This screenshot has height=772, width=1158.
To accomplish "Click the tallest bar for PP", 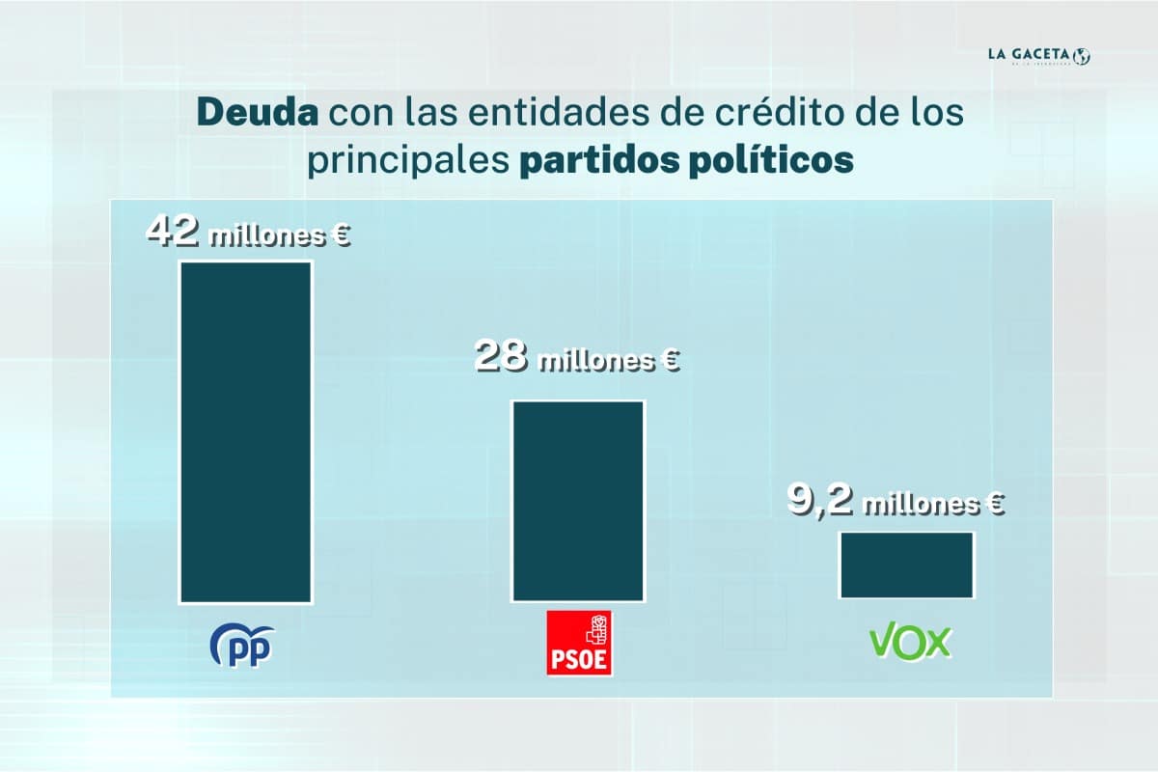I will pyautogui.click(x=245, y=431).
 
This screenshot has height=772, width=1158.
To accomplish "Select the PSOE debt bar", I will pyautogui.click(x=578, y=501).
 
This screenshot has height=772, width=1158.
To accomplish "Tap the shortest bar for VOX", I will pyautogui.click(x=907, y=565).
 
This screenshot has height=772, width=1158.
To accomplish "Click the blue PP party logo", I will pyautogui.click(x=242, y=645).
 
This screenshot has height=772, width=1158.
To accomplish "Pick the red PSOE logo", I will pyautogui.click(x=579, y=643).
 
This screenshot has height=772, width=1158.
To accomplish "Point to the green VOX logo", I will pyautogui.click(x=911, y=642).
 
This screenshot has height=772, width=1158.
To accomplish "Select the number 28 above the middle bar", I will pyautogui.click(x=501, y=358).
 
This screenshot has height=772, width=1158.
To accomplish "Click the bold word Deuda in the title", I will pyautogui.click(x=258, y=113).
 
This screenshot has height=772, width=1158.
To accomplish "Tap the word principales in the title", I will pyautogui.click(x=406, y=160).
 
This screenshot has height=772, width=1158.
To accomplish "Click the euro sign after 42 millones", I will pyautogui.click(x=338, y=236).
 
